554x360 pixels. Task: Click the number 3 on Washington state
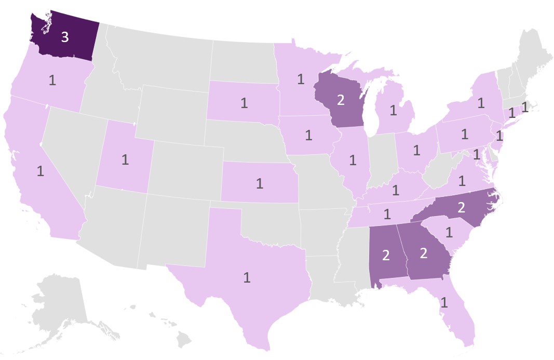[x=64, y=37]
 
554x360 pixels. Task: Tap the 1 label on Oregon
[x=52, y=80]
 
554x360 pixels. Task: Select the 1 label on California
[x=40, y=170]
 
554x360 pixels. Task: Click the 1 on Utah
[x=125, y=159]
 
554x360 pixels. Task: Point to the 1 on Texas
[x=247, y=277]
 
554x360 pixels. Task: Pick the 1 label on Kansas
[x=259, y=183]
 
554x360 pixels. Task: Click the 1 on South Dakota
[x=244, y=102]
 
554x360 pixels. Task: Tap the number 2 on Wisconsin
[x=341, y=100]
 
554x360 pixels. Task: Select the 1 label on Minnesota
[x=301, y=79]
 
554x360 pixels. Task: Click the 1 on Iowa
[x=309, y=135]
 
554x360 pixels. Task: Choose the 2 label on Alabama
[x=385, y=255]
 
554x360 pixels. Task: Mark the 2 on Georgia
[x=423, y=253]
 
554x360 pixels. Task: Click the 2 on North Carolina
[x=461, y=208]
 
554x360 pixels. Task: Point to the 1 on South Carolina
[x=449, y=232]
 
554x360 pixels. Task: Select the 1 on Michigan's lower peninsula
[x=393, y=110]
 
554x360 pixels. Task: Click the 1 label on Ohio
[x=416, y=151]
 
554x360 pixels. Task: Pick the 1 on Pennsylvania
[x=464, y=134]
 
